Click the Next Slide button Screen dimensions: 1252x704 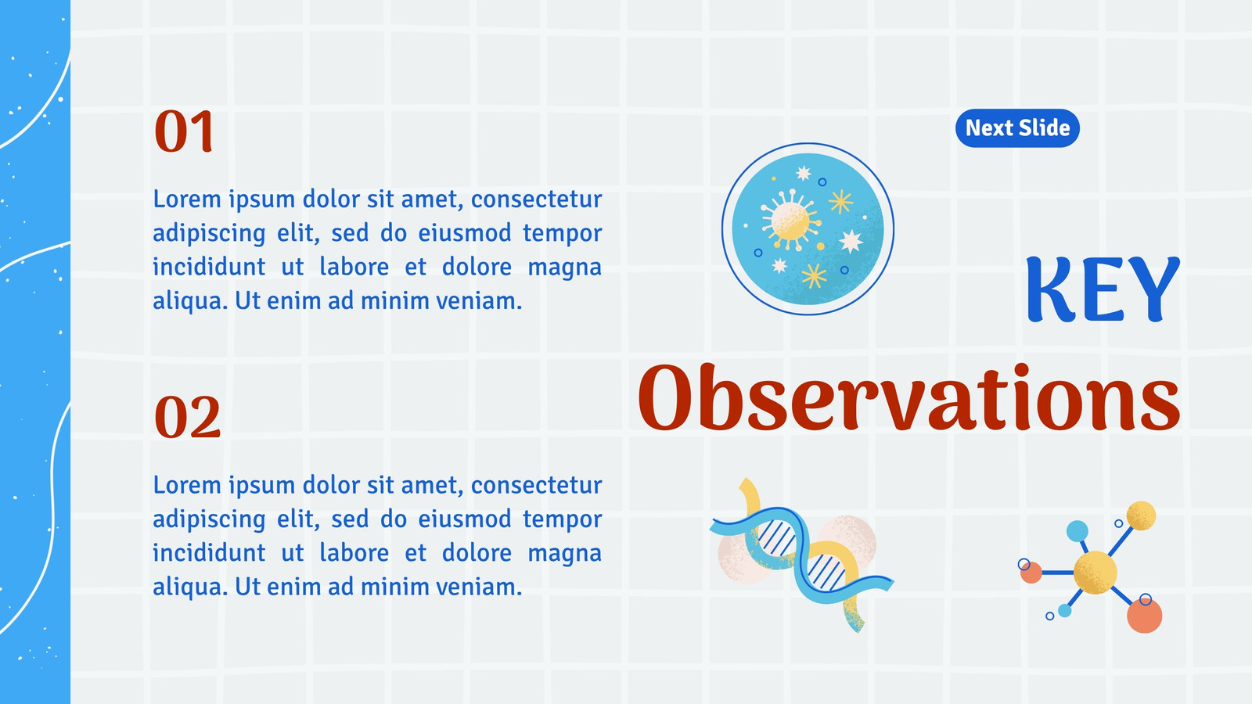[1017, 128]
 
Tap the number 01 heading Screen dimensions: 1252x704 [184, 131]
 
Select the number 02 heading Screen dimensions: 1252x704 [187, 417]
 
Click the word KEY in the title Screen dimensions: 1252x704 [1103, 289]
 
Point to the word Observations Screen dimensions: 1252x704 [909, 397]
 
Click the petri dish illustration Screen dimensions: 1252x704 [808, 228]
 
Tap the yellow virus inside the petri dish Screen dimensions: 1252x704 [790, 220]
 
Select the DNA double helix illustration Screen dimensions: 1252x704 [801, 555]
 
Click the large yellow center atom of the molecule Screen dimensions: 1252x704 [1095, 573]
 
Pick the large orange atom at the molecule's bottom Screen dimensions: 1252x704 [1144, 615]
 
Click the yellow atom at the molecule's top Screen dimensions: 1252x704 [1141, 515]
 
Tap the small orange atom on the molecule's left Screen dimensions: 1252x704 [1031, 573]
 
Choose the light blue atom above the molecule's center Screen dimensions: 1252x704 [1077, 531]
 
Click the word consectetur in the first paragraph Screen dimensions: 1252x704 [536, 199]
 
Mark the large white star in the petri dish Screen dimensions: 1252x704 [851, 242]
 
